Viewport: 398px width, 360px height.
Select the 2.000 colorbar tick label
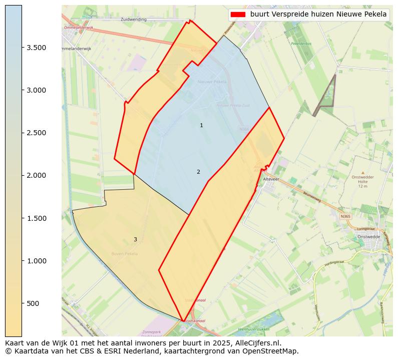coord(37,175)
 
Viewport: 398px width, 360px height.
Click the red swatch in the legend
coord(238,15)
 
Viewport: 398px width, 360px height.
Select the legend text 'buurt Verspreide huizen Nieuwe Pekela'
coord(318,15)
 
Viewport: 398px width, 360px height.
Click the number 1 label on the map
coord(201,125)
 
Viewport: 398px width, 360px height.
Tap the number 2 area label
coord(198,172)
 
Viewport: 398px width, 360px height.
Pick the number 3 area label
coord(135,239)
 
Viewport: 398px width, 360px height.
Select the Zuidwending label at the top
coord(133,20)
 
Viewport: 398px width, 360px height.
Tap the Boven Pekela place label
coord(125,254)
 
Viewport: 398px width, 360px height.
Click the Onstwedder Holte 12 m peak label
coord(363,181)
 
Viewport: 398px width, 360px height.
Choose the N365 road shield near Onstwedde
coord(345,216)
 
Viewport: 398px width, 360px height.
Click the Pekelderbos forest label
coord(301,44)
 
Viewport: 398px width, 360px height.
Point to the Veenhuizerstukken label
coord(254,329)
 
